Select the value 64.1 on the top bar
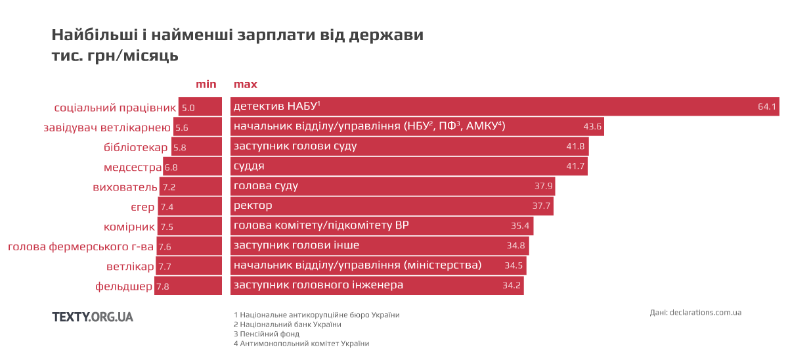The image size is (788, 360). coord(767,106)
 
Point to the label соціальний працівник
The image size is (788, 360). coord(115,107)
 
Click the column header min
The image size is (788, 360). coord(206,84)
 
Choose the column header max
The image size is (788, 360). coord(246,84)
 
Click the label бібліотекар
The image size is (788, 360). coord(136,147)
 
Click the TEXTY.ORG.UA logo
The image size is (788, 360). coord(93,317)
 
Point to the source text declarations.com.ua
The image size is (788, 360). coord(705,313)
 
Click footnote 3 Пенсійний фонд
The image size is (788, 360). coord(266,334)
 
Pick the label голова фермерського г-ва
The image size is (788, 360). coord(81,247)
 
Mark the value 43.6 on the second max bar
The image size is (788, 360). coord(592,127)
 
